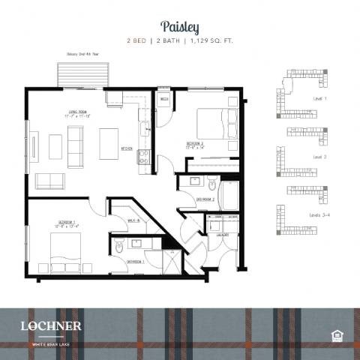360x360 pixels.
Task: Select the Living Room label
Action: (77, 115)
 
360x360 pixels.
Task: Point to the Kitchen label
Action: (127, 148)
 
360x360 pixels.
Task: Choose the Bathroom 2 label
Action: (206, 199)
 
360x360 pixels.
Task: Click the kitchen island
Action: (109, 143)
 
